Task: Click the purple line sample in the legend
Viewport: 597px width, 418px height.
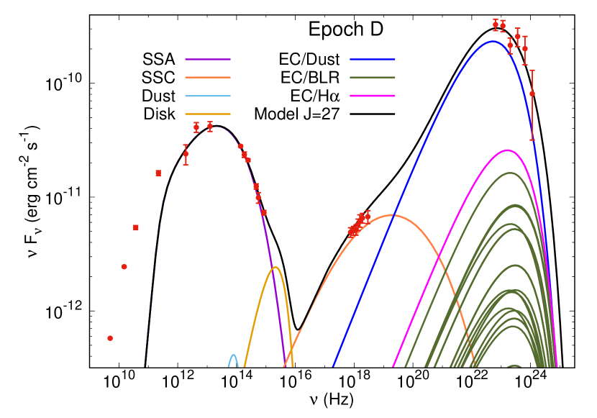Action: pyautogui.click(x=208, y=59)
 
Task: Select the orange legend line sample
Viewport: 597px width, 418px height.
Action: pyautogui.click(x=208, y=77)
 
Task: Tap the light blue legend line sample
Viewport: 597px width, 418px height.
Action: pyautogui.click(x=208, y=96)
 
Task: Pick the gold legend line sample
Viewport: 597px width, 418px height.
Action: pyautogui.click(x=208, y=114)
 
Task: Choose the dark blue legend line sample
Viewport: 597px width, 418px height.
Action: pyautogui.click(x=373, y=59)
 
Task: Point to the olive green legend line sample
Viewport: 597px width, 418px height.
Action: pyautogui.click(x=373, y=77)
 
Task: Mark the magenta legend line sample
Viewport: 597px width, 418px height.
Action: pyautogui.click(x=373, y=96)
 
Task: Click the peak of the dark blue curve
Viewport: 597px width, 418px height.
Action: pyautogui.click(x=493, y=41)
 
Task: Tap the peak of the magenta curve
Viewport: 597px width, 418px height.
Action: pyautogui.click(x=508, y=150)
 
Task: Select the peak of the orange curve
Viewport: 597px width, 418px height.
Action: pyautogui.click(x=391, y=215)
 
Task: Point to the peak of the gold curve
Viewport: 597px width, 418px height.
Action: pyautogui.click(x=275, y=267)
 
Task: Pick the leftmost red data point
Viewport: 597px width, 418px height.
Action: pyautogui.click(x=110, y=338)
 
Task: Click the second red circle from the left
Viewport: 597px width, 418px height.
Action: pyautogui.click(x=124, y=267)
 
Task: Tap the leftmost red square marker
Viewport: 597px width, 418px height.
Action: pyautogui.click(x=136, y=227)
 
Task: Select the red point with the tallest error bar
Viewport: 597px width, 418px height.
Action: pyautogui.click(x=532, y=94)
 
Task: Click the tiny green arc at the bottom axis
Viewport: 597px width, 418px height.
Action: pyautogui.click(x=514, y=366)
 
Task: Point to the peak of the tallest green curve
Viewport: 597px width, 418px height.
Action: pyautogui.click(x=510, y=173)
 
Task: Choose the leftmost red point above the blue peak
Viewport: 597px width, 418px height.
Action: pyautogui.click(x=496, y=24)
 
